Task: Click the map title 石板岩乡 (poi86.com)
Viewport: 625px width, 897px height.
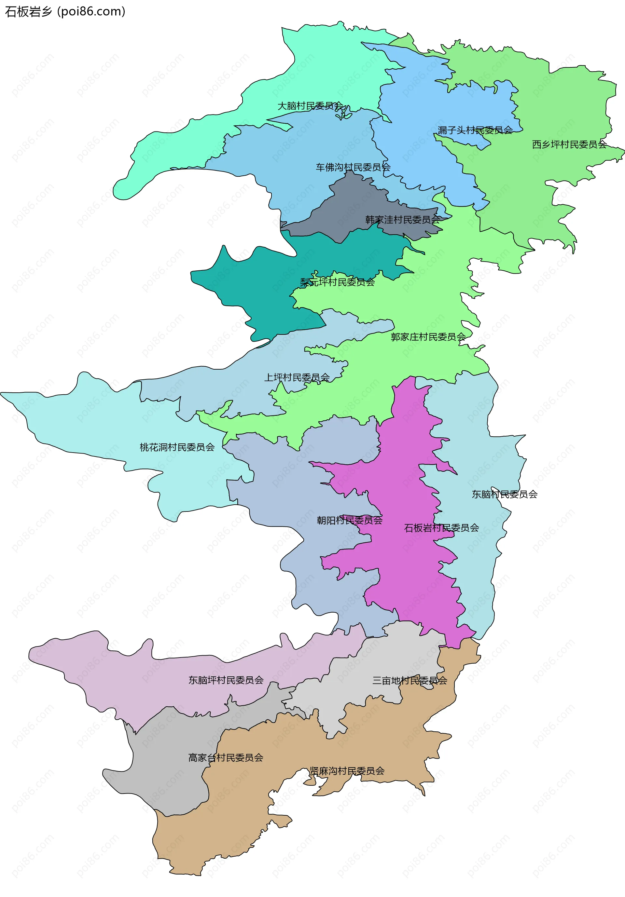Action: click(65, 12)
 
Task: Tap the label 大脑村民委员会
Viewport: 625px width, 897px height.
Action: click(310, 106)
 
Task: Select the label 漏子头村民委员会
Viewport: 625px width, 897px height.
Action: click(475, 130)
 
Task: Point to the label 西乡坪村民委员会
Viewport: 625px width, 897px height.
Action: click(569, 144)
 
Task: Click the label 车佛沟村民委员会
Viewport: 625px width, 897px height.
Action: click(353, 167)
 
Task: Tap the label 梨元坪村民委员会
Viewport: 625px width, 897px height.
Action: click(337, 282)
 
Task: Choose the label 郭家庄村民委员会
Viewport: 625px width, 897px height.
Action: click(428, 337)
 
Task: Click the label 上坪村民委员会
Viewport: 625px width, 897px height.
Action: click(297, 377)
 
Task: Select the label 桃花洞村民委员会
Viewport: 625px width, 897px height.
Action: click(177, 447)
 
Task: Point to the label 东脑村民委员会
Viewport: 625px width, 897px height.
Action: click(504, 494)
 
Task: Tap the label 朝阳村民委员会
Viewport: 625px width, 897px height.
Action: click(349, 520)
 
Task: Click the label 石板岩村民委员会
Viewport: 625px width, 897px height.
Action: click(441, 528)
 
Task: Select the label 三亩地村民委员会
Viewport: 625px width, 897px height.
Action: click(409, 681)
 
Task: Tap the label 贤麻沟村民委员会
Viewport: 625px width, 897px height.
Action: click(347, 771)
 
